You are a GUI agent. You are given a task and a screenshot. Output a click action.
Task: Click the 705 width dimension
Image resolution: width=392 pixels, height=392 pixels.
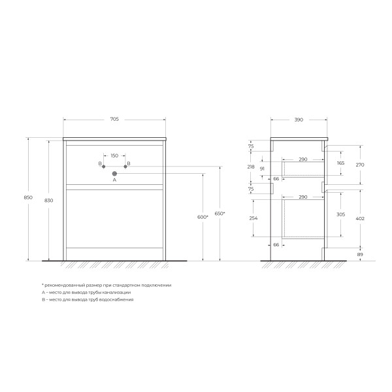pos(114,120)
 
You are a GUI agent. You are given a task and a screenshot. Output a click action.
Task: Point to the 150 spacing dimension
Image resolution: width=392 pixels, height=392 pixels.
pos(114,155)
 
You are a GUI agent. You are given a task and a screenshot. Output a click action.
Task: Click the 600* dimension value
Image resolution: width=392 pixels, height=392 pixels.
pos(201,217)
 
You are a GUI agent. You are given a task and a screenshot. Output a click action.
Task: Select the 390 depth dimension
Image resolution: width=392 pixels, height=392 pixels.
pos(299,120)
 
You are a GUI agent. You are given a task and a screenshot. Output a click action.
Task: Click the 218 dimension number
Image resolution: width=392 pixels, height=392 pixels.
pos(252,167)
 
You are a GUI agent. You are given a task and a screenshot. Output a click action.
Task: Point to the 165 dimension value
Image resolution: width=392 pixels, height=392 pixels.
pos(340,163)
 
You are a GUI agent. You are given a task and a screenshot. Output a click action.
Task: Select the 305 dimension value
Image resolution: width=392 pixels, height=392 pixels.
pos(340,214)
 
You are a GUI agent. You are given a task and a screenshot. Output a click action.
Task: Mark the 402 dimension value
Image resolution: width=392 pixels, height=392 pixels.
pos(360,218)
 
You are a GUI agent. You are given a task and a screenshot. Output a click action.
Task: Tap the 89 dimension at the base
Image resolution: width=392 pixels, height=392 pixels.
pos(360,254)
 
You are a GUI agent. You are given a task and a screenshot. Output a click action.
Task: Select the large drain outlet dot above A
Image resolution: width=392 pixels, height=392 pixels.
pos(114,174)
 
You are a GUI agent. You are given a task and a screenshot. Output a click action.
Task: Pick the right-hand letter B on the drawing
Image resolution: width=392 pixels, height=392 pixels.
pos(129,163)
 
